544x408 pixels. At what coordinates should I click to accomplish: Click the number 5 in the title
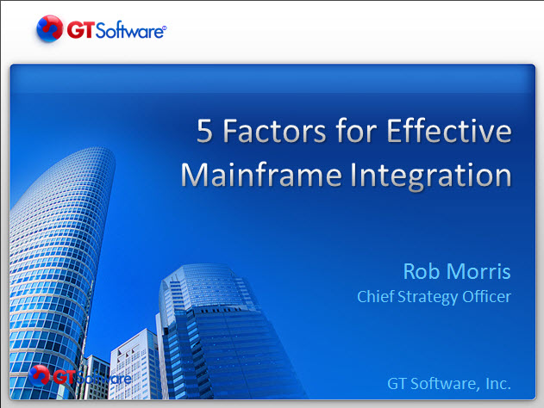pos(204,131)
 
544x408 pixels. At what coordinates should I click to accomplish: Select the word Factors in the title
pos(274,131)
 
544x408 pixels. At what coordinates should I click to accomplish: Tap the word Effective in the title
pos(449,130)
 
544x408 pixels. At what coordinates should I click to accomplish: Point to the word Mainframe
pos(261,175)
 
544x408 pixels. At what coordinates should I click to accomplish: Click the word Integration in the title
pos(430,176)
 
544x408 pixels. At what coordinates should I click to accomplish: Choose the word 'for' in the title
pos(356,130)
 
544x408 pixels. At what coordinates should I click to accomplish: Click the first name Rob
pos(422,271)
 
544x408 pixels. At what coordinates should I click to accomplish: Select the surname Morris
pos(478,271)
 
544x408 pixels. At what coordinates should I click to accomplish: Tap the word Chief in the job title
pos(375,296)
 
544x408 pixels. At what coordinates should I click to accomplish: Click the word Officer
pos(487,296)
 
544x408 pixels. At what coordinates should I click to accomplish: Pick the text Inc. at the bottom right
pos(498,383)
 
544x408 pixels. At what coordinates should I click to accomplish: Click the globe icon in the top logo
pos(50,28)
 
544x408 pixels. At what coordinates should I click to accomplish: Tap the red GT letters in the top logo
pos(80,30)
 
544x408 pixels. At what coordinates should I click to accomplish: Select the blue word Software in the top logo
pos(129,30)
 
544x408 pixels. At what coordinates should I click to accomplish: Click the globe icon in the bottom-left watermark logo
pos(39,376)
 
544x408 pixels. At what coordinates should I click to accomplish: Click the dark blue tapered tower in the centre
pos(222,332)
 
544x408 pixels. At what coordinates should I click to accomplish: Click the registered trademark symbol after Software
pos(165,28)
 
